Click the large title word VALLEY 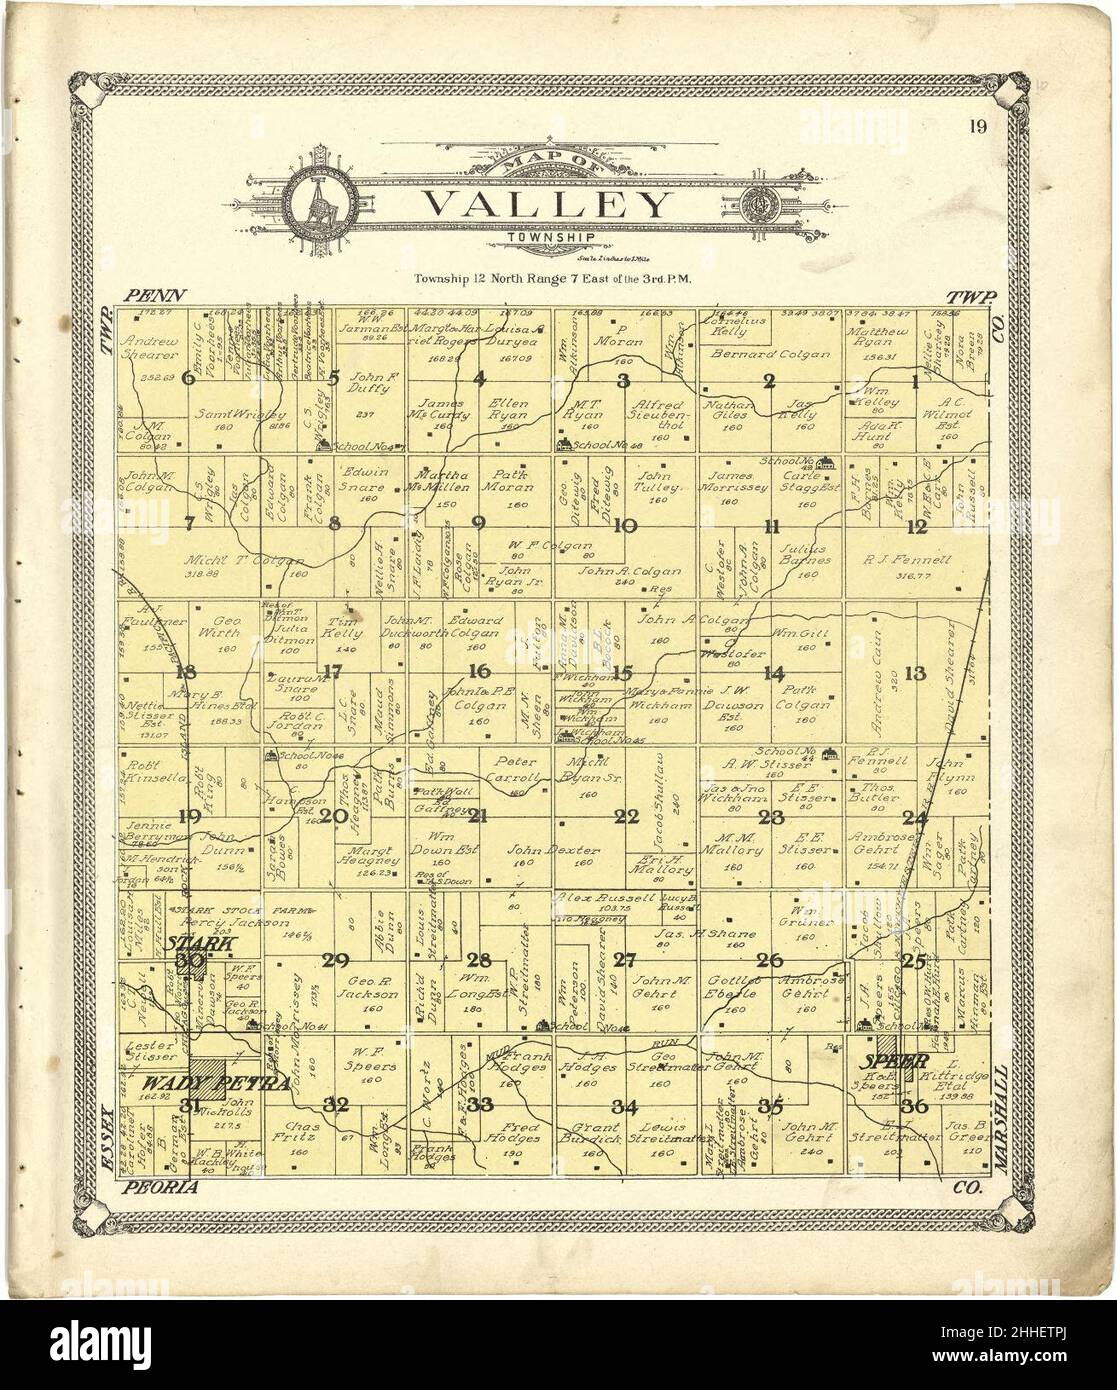coord(546,205)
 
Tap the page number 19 coord(977,126)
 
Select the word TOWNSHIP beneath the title coord(546,238)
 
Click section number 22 coord(626,817)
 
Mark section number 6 coord(187,378)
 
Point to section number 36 coord(913,1105)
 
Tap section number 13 coord(915,673)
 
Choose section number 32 coord(337,1104)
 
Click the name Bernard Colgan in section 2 coord(770,354)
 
